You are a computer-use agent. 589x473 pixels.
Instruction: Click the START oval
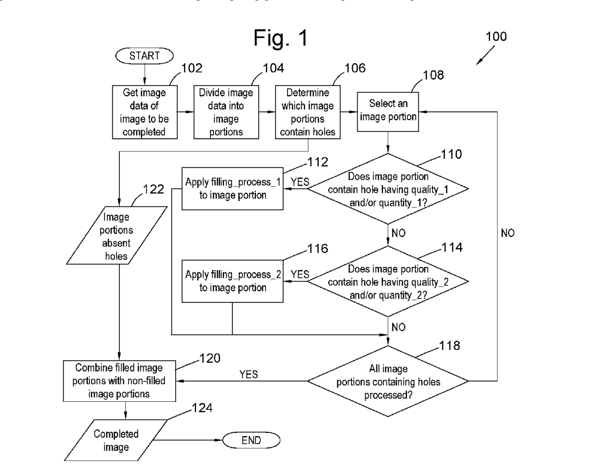coord(143,55)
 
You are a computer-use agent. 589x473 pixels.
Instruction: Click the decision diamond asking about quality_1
coord(388,188)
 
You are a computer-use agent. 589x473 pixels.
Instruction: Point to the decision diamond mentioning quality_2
coord(388,280)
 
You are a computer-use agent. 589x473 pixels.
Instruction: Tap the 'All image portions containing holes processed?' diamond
coord(388,381)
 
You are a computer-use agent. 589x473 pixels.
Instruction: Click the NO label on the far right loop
coord(508,233)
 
